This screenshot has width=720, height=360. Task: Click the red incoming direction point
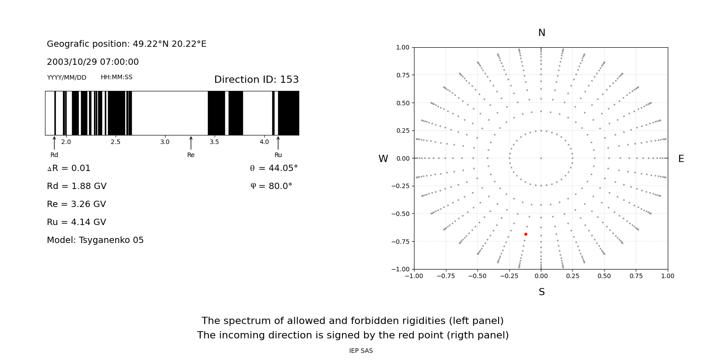click(x=526, y=234)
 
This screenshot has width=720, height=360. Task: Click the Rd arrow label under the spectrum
click(x=54, y=155)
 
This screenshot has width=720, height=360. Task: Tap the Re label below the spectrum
click(x=191, y=155)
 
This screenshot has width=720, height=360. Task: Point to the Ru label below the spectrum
click(x=278, y=155)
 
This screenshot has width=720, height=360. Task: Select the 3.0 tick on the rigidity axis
click(x=165, y=142)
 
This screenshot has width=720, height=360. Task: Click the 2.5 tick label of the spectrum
click(x=116, y=142)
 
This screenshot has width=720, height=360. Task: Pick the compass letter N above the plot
click(x=541, y=33)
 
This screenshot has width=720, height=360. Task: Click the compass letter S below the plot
click(x=541, y=292)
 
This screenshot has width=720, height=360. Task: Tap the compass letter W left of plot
click(x=383, y=159)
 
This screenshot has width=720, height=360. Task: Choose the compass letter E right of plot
click(x=681, y=159)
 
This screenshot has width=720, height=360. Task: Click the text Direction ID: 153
click(x=256, y=80)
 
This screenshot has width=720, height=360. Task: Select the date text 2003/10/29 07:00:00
click(x=93, y=62)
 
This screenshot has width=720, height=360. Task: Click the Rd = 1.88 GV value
click(x=76, y=186)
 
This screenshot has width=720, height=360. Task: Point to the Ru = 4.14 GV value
click(x=76, y=222)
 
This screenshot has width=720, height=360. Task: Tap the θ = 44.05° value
click(x=274, y=168)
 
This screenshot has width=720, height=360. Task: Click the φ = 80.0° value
click(x=271, y=186)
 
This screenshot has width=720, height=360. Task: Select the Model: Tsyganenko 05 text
click(x=95, y=240)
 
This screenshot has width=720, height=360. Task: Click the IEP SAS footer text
click(x=361, y=351)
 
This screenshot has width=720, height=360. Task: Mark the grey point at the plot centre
click(x=541, y=158)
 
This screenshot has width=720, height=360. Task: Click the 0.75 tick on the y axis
click(x=403, y=75)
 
